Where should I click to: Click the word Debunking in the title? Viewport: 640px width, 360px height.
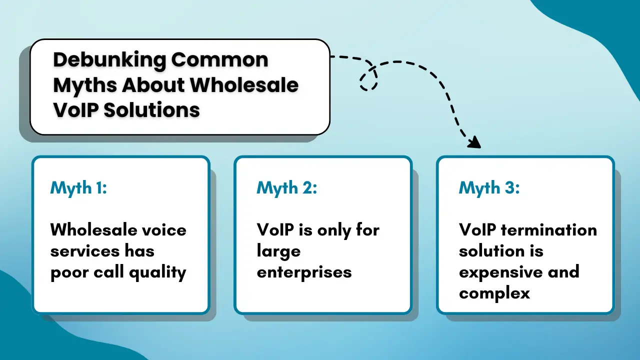pyautogui.click(x=109, y=60)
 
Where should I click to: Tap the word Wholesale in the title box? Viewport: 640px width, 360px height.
pyautogui.click(x=244, y=85)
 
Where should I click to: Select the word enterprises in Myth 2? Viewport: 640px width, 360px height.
pyautogui.click(x=304, y=272)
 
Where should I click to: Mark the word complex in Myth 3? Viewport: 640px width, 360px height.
pyautogui.click(x=494, y=293)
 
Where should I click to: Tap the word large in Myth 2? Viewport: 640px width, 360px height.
pyautogui.click(x=278, y=251)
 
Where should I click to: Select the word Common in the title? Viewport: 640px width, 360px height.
pyautogui.click(x=219, y=60)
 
